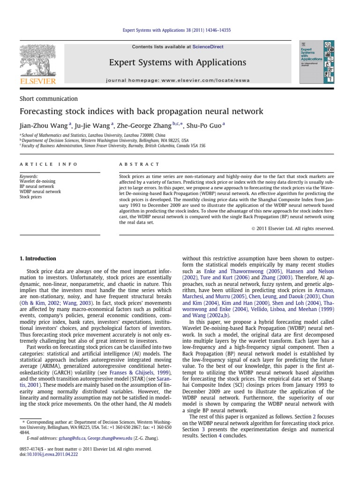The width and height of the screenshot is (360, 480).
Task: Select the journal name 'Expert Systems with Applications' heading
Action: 178,62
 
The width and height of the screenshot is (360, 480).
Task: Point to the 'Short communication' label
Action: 48,98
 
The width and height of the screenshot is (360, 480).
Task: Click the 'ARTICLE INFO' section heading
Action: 43,164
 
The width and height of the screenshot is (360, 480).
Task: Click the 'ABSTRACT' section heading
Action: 140,164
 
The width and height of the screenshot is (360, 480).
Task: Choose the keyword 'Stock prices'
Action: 31,197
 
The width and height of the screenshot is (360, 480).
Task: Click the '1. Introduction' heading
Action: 37,258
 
